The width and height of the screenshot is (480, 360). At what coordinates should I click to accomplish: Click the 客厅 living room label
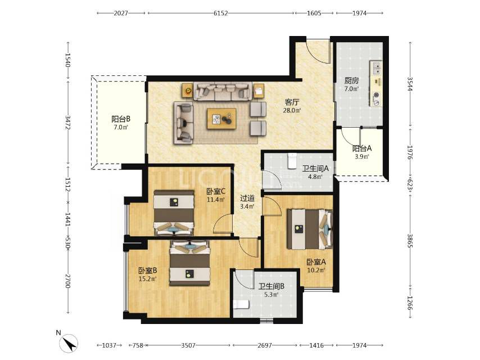(x=292, y=102)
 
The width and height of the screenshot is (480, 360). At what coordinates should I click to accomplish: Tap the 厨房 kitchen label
(x=351, y=80)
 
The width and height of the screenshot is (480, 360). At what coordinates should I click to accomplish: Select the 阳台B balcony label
(x=121, y=119)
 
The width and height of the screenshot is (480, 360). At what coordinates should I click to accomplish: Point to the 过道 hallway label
(x=247, y=198)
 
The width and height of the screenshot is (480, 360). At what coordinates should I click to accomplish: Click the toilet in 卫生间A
(x=292, y=160)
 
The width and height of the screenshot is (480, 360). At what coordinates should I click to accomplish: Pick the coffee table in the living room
(x=221, y=119)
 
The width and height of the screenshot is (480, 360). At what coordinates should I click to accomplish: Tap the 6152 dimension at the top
(x=221, y=13)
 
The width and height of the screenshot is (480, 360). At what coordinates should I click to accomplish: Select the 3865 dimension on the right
(x=410, y=241)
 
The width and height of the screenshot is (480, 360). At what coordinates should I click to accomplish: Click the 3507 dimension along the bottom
(x=188, y=345)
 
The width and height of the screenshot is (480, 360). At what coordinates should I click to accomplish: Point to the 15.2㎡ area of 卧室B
(x=148, y=279)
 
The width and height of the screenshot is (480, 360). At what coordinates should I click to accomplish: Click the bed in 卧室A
(x=310, y=229)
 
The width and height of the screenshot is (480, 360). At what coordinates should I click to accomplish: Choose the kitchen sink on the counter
(x=376, y=68)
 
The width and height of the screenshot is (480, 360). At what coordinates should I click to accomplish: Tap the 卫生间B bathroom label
(x=271, y=286)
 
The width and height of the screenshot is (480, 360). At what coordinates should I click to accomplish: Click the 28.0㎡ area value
(x=292, y=110)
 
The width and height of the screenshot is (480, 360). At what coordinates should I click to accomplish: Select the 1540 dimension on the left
(x=67, y=60)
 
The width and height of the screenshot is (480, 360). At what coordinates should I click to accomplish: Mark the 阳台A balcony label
(x=362, y=148)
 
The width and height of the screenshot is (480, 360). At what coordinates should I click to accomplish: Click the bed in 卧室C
(x=174, y=213)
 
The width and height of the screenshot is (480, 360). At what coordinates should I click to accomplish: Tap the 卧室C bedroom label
(x=216, y=191)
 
